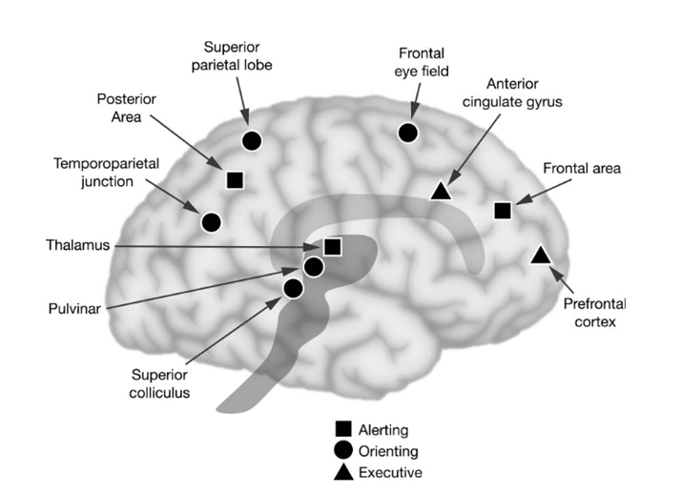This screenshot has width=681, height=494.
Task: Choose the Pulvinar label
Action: click(x=72, y=308)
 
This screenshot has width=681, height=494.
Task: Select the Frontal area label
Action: click(x=582, y=169)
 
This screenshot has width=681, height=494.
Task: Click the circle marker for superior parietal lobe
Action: click(x=252, y=140)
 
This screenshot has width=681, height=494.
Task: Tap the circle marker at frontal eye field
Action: click(x=408, y=134)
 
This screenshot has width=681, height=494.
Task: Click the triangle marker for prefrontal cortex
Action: click(x=539, y=254)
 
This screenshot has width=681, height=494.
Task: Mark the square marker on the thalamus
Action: click(x=332, y=247)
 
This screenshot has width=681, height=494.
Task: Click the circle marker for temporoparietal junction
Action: click(x=212, y=222)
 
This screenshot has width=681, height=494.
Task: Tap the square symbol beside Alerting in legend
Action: click(x=340, y=430)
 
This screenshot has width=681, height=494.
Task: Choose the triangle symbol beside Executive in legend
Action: click(x=340, y=471)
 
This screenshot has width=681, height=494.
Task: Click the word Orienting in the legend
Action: click(x=387, y=451)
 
